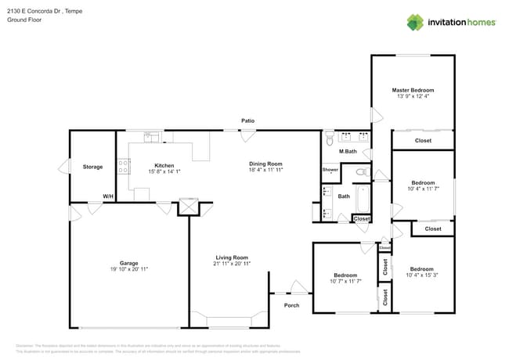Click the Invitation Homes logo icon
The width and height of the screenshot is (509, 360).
point(415,22)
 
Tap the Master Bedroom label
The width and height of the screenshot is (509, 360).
point(413,90)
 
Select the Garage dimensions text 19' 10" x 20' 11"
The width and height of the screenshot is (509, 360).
point(128,268)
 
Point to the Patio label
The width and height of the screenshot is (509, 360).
point(247,121)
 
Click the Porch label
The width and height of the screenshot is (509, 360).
point(291,305)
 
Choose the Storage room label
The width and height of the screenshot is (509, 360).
point(93,167)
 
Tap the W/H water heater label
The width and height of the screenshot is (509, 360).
point(107,196)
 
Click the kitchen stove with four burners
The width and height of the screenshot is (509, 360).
point(123,166)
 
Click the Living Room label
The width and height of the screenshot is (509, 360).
point(232,257)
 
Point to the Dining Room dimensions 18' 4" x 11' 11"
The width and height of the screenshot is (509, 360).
point(265,170)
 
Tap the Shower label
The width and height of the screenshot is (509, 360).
point(330,170)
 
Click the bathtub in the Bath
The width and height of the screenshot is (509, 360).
point(363,200)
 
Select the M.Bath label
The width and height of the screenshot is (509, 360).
point(348,151)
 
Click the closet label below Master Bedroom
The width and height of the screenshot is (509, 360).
point(423,141)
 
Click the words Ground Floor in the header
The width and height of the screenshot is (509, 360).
point(23,20)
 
